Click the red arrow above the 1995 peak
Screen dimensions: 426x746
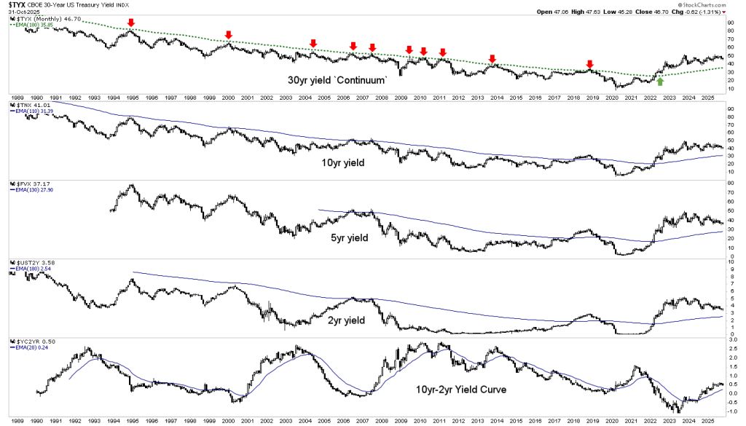coord(131,23)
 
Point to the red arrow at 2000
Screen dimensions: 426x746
coord(229,35)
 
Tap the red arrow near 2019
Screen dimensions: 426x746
coord(590,64)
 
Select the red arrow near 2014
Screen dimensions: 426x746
coord(492,59)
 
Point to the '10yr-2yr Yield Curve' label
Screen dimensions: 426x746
coord(449,389)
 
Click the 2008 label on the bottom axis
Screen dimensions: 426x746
coord(381,421)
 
